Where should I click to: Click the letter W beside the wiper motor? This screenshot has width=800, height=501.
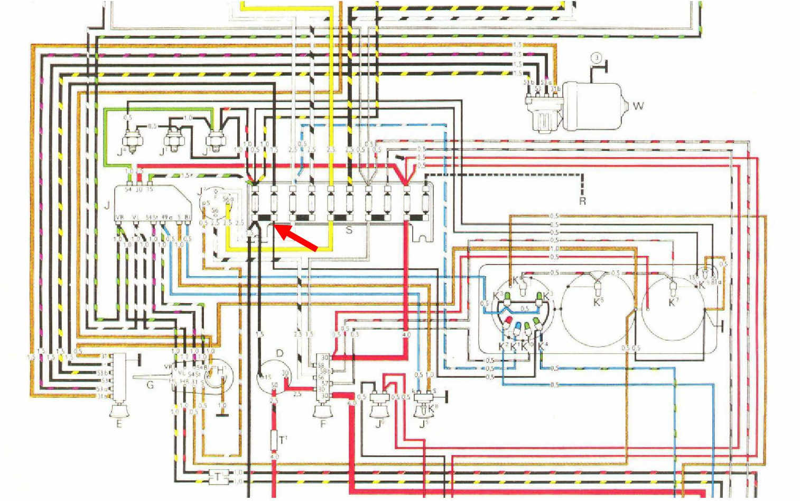[x=638, y=106]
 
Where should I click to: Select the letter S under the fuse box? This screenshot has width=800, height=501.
[x=349, y=230]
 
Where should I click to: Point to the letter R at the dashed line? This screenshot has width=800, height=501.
[x=582, y=202]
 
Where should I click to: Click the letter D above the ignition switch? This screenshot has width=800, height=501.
[x=280, y=353]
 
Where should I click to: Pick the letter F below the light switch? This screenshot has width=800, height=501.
[x=323, y=423]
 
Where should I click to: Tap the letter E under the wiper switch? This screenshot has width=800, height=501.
[x=119, y=424]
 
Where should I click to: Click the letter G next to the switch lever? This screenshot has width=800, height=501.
[x=150, y=385]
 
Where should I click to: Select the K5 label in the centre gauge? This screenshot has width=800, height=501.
[x=598, y=302]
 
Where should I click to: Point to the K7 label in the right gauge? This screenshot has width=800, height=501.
[x=673, y=302]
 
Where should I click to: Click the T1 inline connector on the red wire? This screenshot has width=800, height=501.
[x=274, y=440]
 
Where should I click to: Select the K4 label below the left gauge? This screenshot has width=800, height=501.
[x=542, y=347]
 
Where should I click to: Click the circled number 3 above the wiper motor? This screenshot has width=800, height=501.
[x=596, y=58]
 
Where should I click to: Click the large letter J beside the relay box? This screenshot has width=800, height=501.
[x=107, y=205]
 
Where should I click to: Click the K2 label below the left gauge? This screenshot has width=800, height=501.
[x=503, y=347]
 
